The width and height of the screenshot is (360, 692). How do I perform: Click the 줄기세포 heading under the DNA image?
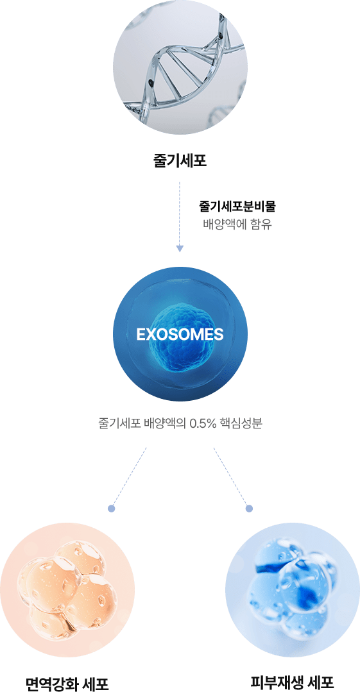(x=180, y=160)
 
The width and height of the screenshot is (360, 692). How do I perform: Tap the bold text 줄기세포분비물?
(x=237, y=206)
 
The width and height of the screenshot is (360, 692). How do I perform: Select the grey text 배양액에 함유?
(x=237, y=224)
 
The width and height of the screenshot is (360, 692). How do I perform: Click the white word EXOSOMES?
(x=180, y=334)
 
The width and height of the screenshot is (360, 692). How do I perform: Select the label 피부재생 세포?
(x=292, y=682)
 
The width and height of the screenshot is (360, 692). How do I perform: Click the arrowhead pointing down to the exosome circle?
(x=179, y=249)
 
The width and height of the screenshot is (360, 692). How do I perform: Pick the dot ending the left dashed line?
(x=111, y=509)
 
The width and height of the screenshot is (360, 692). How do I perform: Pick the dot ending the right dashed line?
(x=249, y=509)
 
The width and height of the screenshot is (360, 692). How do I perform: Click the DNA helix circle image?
(x=180, y=67)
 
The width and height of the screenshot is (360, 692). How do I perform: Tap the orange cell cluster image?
(x=67, y=590)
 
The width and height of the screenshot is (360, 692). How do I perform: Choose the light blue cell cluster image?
(x=293, y=590)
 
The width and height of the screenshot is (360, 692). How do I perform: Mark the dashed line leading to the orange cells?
(x=129, y=477)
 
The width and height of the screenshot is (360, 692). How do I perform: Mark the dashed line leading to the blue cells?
(x=231, y=477)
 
